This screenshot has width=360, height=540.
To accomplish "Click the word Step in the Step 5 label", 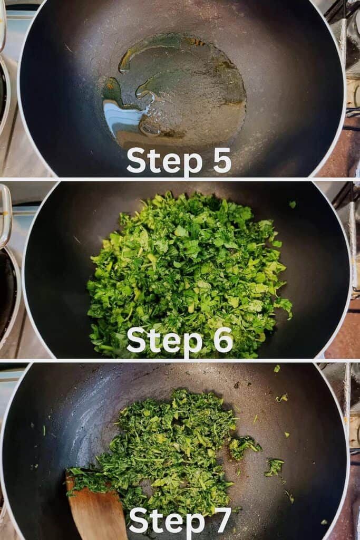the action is click(164, 161).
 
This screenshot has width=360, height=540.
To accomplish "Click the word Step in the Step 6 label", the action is click(164, 341).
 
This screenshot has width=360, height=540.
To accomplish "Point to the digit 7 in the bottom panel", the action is click(222, 520).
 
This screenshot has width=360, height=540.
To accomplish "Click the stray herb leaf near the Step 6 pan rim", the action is click(293, 205).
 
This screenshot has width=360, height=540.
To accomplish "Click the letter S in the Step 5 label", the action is click(137, 160).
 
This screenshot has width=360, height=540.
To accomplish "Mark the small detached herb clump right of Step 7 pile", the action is click(274, 467).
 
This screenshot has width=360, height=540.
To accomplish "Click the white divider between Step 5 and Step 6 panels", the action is click(180, 179).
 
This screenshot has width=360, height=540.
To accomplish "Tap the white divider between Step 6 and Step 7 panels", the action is click(180, 360).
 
